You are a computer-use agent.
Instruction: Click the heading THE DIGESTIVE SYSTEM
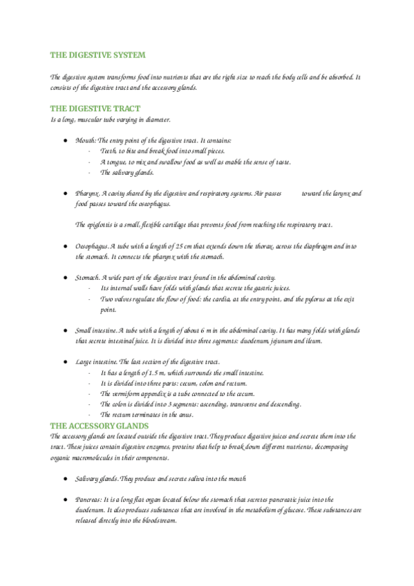click(x=97, y=55)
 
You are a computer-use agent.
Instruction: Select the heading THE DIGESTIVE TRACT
click(x=95, y=108)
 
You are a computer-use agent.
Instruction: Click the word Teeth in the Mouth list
click(x=108, y=151)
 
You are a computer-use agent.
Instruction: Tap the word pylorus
click(x=319, y=299)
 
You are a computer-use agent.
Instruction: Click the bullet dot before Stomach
click(x=65, y=278)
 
